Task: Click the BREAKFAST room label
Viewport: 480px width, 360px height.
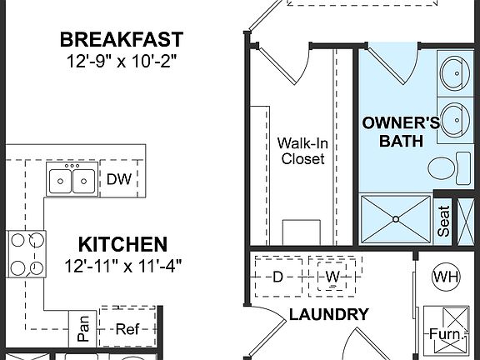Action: tap(122, 39)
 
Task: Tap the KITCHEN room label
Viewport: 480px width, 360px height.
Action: tap(122, 245)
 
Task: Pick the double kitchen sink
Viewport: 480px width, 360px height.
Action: tap(71, 178)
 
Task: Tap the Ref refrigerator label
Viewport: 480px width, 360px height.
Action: tap(127, 329)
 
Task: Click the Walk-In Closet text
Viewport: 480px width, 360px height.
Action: tap(302, 150)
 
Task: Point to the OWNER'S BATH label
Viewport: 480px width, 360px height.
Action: tap(401, 132)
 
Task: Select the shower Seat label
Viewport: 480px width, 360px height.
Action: tap(444, 223)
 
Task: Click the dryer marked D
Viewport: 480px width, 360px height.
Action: tap(277, 276)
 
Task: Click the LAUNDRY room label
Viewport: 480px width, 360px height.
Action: tap(328, 315)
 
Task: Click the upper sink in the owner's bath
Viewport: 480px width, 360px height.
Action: tap(454, 72)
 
